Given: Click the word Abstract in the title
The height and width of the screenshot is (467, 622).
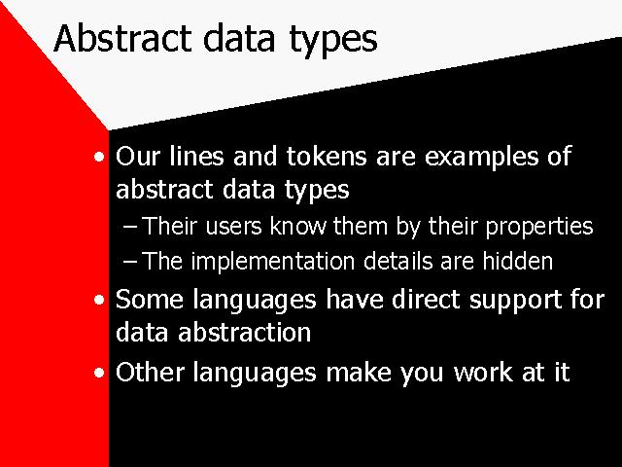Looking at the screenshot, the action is (122, 38).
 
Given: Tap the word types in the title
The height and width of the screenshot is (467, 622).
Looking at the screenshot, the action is (333, 41).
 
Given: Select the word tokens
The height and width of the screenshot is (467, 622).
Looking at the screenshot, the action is (327, 156).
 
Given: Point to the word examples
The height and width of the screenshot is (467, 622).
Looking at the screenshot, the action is (482, 158).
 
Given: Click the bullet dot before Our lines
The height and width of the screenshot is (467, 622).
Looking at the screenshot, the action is (99, 157).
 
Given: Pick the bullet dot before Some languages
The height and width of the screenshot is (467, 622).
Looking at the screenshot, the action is (99, 300).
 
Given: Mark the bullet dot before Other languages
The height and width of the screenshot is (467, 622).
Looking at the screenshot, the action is (99, 373).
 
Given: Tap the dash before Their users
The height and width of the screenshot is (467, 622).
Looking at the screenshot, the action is (129, 227).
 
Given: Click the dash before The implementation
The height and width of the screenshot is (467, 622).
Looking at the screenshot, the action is (129, 262).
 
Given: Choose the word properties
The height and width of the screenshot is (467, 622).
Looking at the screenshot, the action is (539, 228).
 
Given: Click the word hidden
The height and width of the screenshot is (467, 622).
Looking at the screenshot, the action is (517, 261).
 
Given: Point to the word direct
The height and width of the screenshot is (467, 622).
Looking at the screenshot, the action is (426, 299).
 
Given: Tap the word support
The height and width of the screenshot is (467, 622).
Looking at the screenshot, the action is (516, 301).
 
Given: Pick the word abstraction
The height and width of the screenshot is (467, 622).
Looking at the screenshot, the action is (244, 332).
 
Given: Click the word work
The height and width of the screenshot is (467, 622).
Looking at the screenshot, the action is (483, 372).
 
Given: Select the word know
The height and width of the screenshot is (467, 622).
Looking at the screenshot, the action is (297, 227).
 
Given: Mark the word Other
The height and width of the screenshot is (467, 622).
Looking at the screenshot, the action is (150, 372).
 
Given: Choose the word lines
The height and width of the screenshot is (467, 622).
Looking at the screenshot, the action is (196, 156).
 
